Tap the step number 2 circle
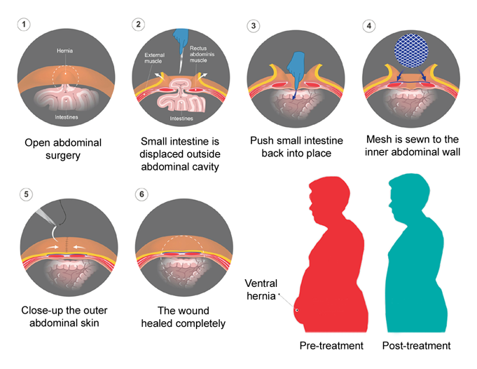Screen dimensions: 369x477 tap(138, 24)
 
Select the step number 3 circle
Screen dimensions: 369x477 tap(254, 26)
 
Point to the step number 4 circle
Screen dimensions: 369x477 tap(368, 26)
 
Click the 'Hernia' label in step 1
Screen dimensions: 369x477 tap(67, 51)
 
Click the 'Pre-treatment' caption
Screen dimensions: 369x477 tap(331, 346)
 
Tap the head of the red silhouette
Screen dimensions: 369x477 tap(324, 199)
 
